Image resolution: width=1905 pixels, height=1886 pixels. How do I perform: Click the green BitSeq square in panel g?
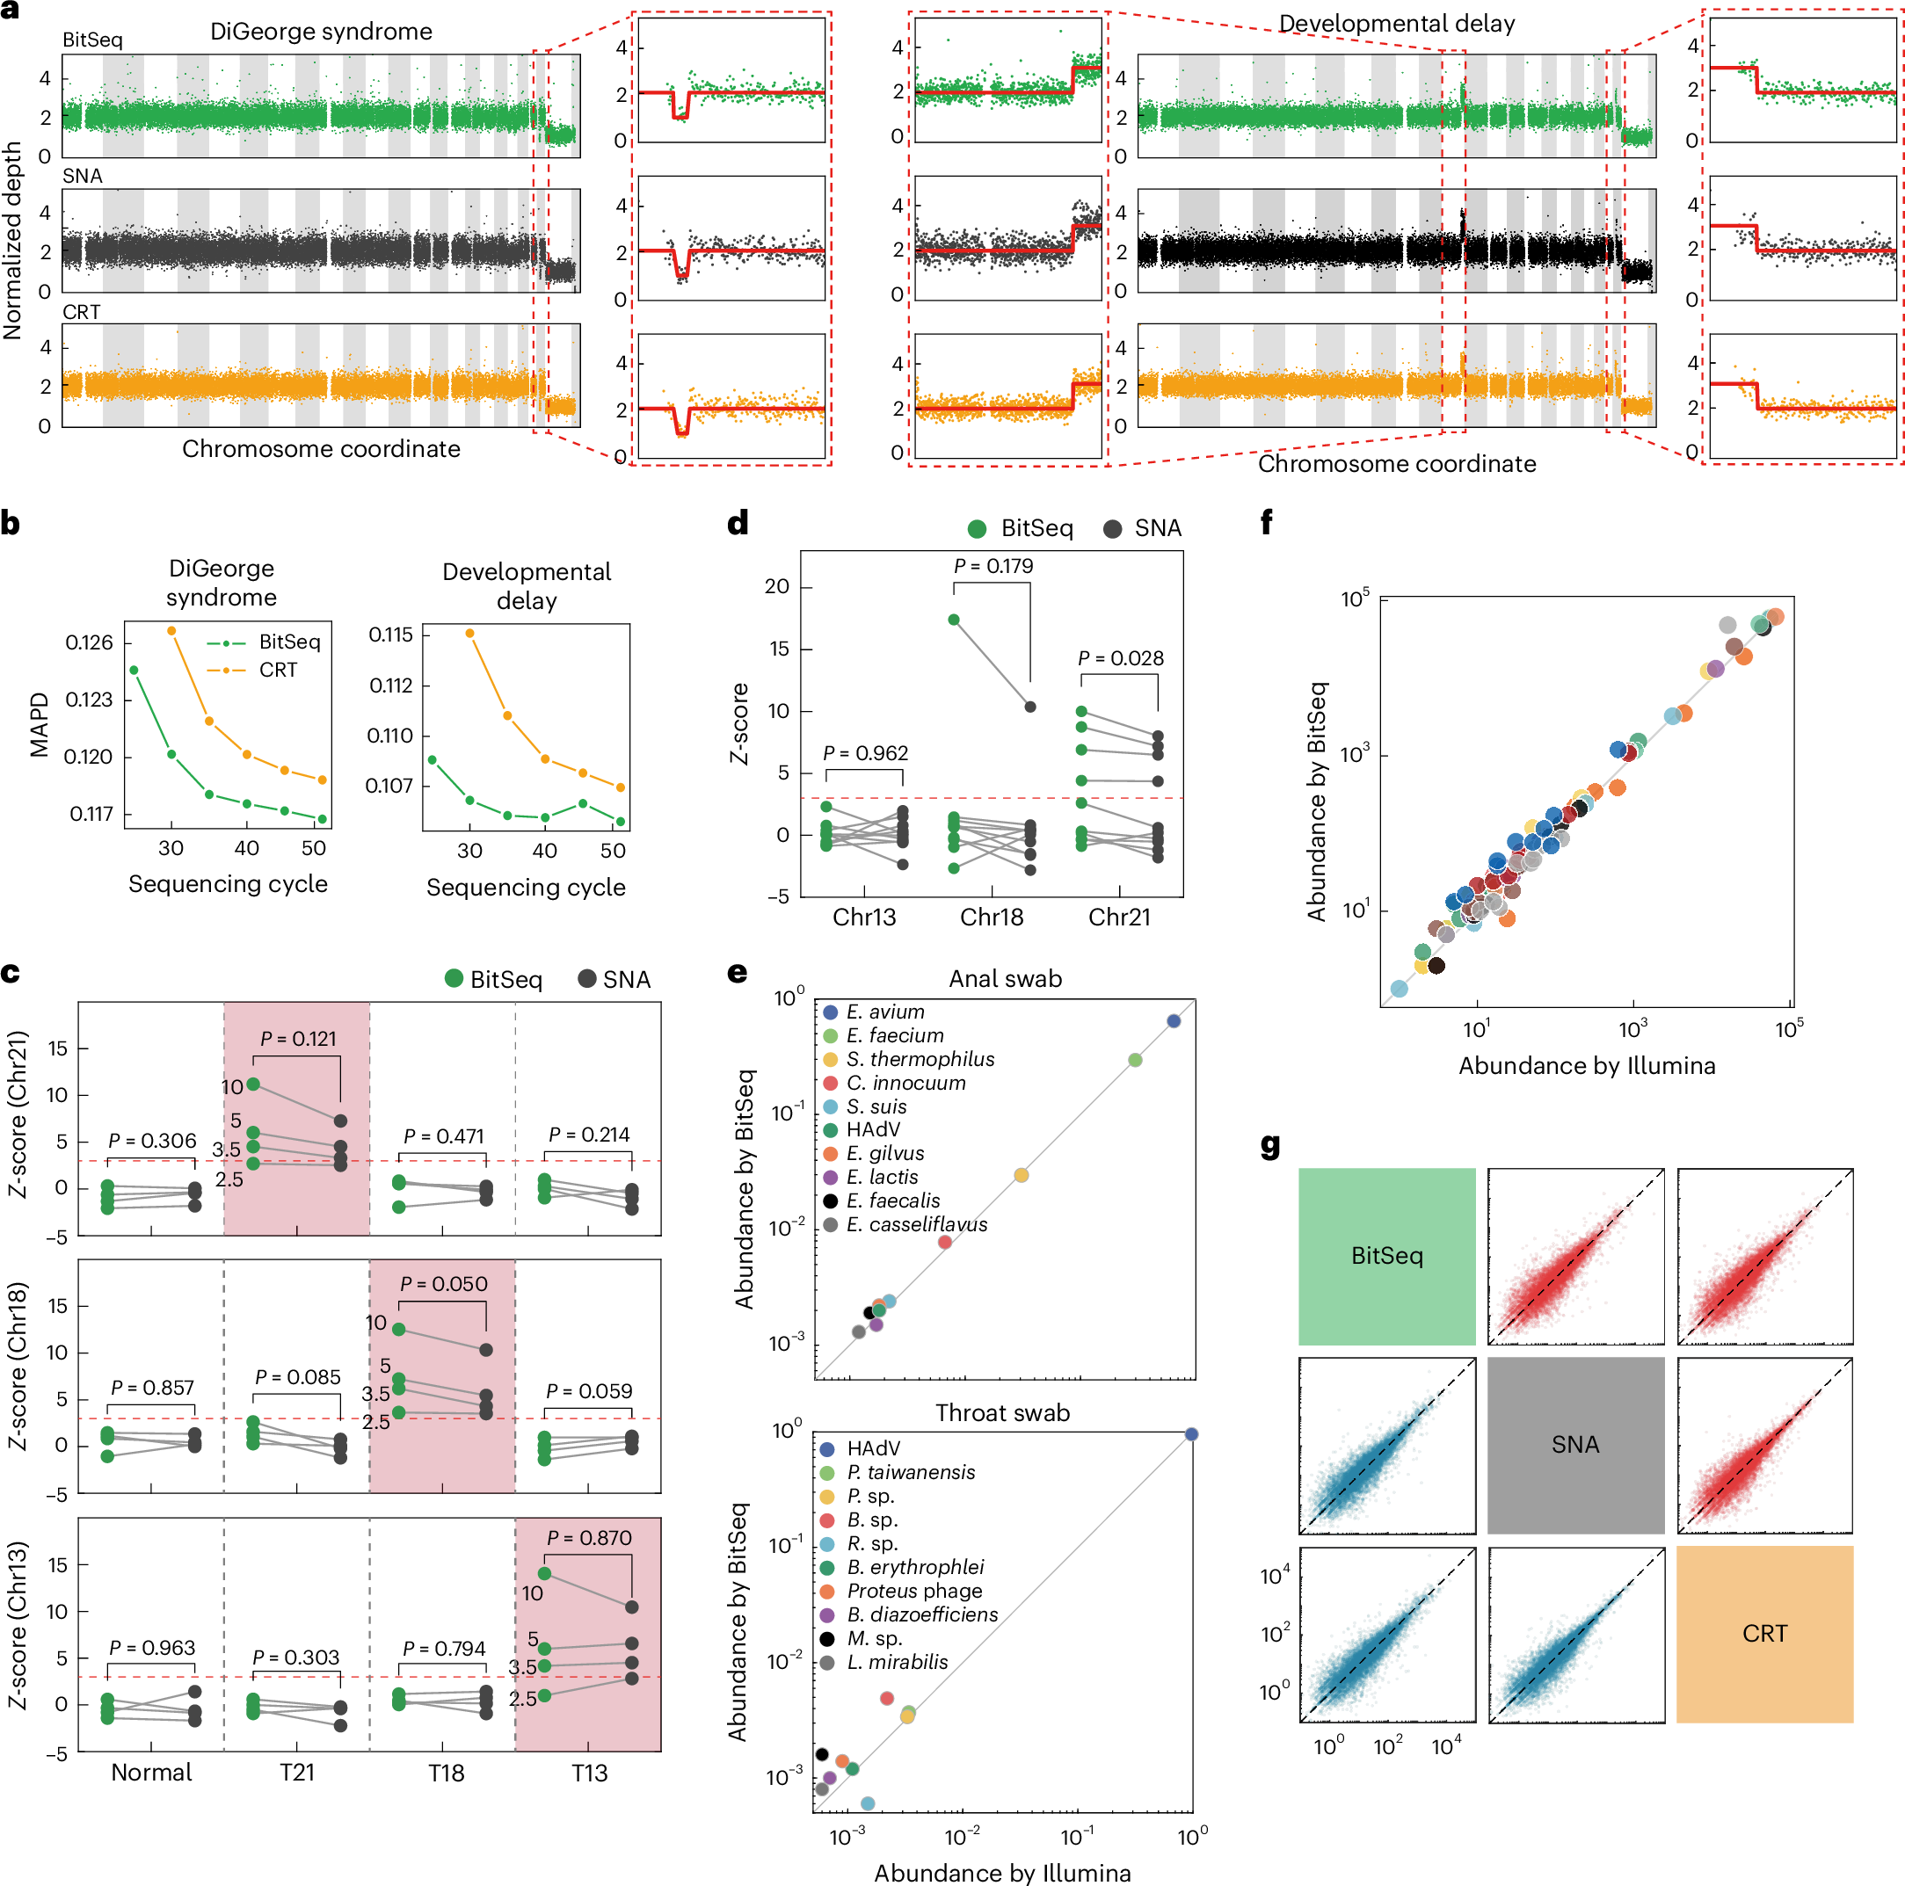click(1385, 1256)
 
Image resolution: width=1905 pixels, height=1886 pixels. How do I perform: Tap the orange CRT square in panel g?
click(1764, 1634)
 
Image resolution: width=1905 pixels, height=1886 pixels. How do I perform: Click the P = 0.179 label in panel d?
click(992, 566)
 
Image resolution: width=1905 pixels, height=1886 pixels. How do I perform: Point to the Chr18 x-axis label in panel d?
click(991, 917)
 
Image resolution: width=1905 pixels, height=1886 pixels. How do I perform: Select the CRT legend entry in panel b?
click(277, 671)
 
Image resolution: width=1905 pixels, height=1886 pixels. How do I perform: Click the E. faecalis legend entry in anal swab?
click(892, 1201)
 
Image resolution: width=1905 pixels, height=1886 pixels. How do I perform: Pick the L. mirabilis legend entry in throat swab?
click(897, 1662)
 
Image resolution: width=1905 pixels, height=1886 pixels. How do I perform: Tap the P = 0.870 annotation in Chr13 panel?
click(589, 1538)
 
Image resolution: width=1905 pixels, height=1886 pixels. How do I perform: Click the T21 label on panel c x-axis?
click(297, 1773)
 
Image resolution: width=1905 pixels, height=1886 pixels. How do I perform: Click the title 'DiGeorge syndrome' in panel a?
click(321, 32)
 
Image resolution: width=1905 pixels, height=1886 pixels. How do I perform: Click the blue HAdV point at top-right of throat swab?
click(1191, 1434)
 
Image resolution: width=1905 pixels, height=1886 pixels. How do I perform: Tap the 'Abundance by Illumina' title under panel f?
click(1587, 1066)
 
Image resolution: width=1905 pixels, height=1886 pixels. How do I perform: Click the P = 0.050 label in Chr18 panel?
click(443, 1284)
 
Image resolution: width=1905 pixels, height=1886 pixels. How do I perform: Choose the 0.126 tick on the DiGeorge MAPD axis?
click(89, 642)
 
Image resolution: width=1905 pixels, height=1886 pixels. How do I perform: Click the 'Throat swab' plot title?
click(1002, 1413)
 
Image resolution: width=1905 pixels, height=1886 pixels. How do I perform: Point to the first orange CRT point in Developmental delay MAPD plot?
click(469, 634)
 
